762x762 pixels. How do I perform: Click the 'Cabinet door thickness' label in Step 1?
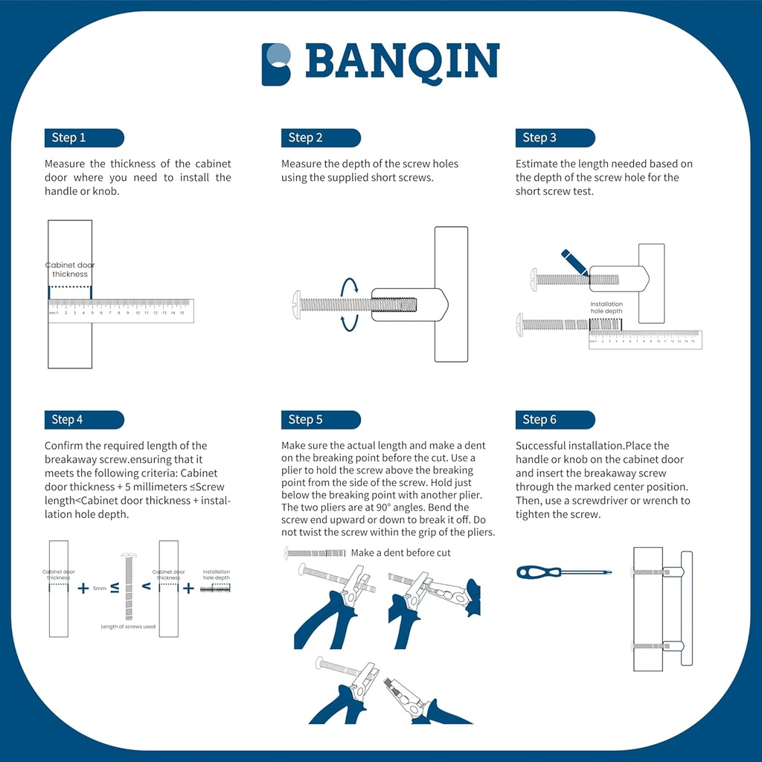(70, 269)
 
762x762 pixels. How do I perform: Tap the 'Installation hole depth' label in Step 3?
(606, 307)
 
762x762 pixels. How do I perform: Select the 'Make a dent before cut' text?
(400, 553)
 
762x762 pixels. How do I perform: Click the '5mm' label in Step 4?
(99, 588)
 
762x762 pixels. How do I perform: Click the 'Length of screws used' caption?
(128, 627)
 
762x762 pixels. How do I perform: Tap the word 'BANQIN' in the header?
(402, 63)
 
